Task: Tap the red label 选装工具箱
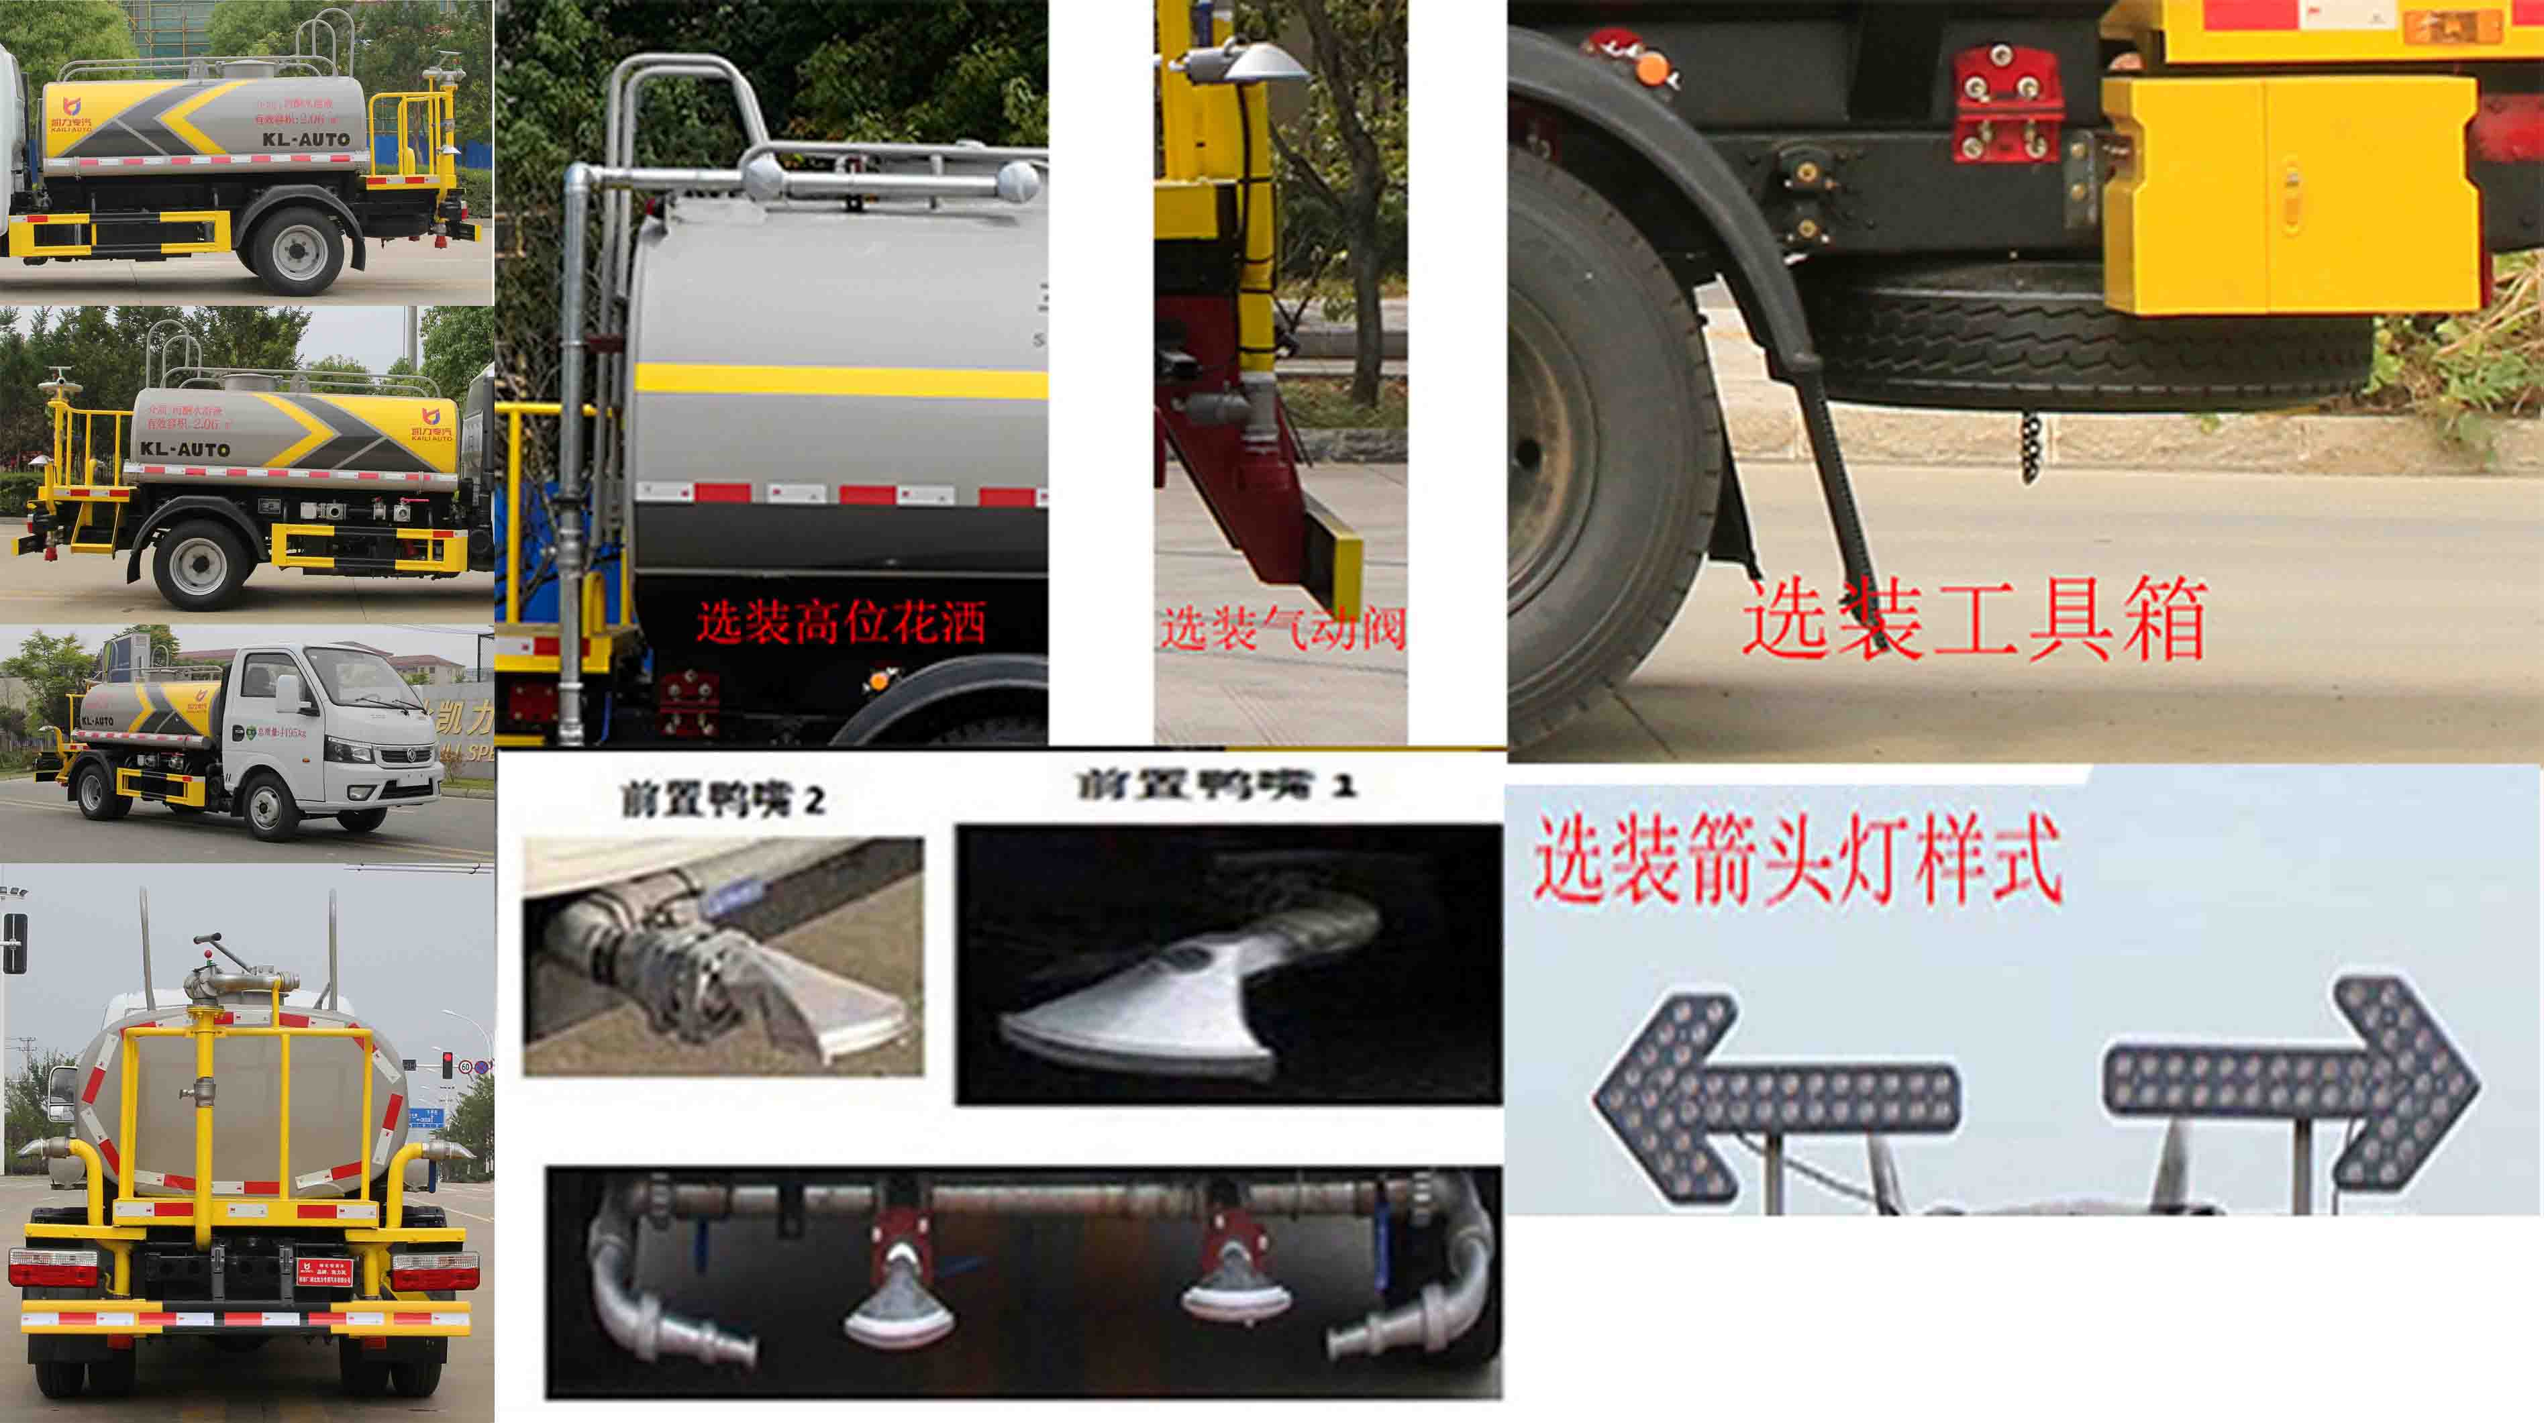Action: [x=1975, y=620]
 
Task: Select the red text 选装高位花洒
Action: [x=842, y=622]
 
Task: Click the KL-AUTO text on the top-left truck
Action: [x=306, y=140]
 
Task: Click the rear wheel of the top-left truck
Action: [x=295, y=249]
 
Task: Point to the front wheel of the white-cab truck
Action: [x=264, y=805]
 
